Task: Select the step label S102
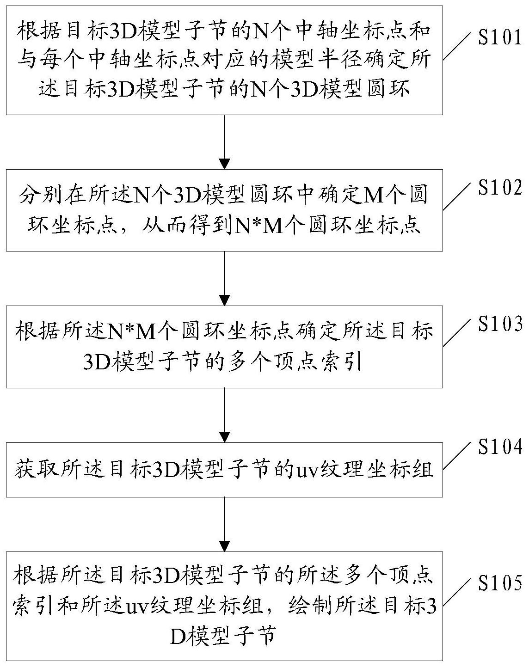point(499,188)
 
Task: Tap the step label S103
point(499,324)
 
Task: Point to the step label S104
point(499,447)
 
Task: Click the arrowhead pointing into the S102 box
point(224,164)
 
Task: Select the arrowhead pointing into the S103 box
point(224,300)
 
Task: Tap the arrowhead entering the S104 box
point(224,437)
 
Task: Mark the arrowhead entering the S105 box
point(224,546)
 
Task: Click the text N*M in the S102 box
point(259,226)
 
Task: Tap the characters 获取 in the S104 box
point(37,470)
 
